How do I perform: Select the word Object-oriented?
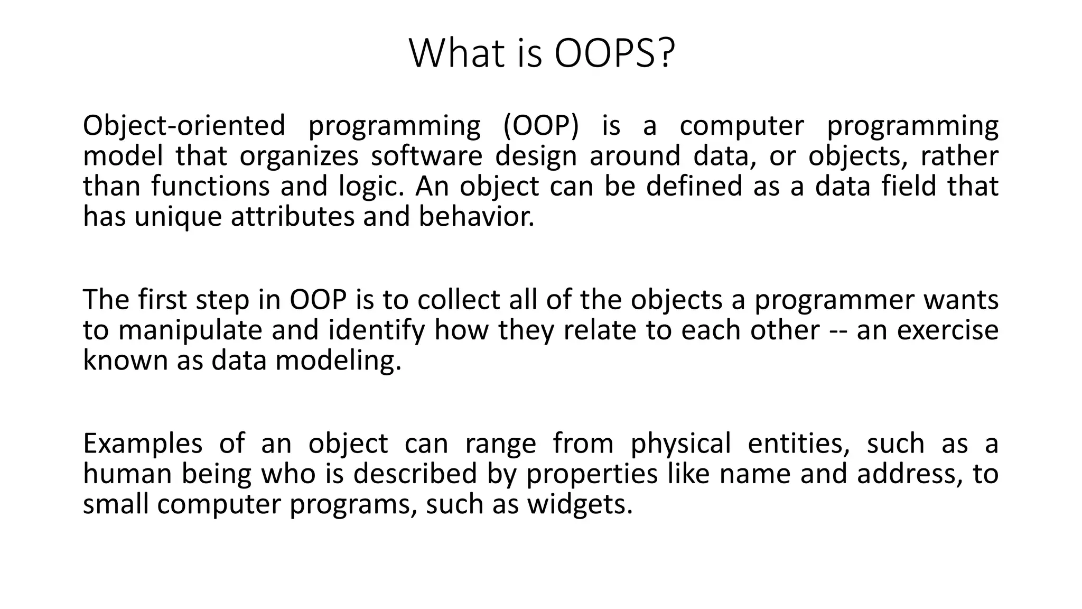184,126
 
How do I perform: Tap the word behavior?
476,217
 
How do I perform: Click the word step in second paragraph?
222,300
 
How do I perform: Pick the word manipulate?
190,330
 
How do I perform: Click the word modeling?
338,361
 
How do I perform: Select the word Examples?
143,444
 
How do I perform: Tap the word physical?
681,444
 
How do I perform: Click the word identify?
376,330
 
